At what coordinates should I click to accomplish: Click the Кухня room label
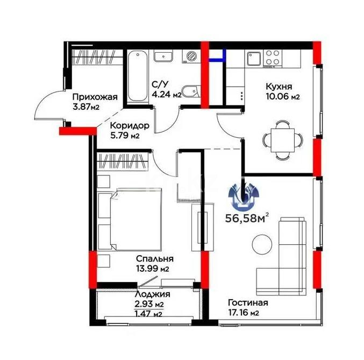click(x=279, y=87)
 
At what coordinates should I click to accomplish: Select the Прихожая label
click(x=95, y=97)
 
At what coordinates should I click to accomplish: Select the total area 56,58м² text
click(x=246, y=218)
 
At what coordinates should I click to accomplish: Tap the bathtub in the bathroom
click(x=138, y=76)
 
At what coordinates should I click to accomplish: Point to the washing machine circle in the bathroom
click(x=191, y=56)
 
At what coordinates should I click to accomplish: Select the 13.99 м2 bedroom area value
click(x=153, y=269)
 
